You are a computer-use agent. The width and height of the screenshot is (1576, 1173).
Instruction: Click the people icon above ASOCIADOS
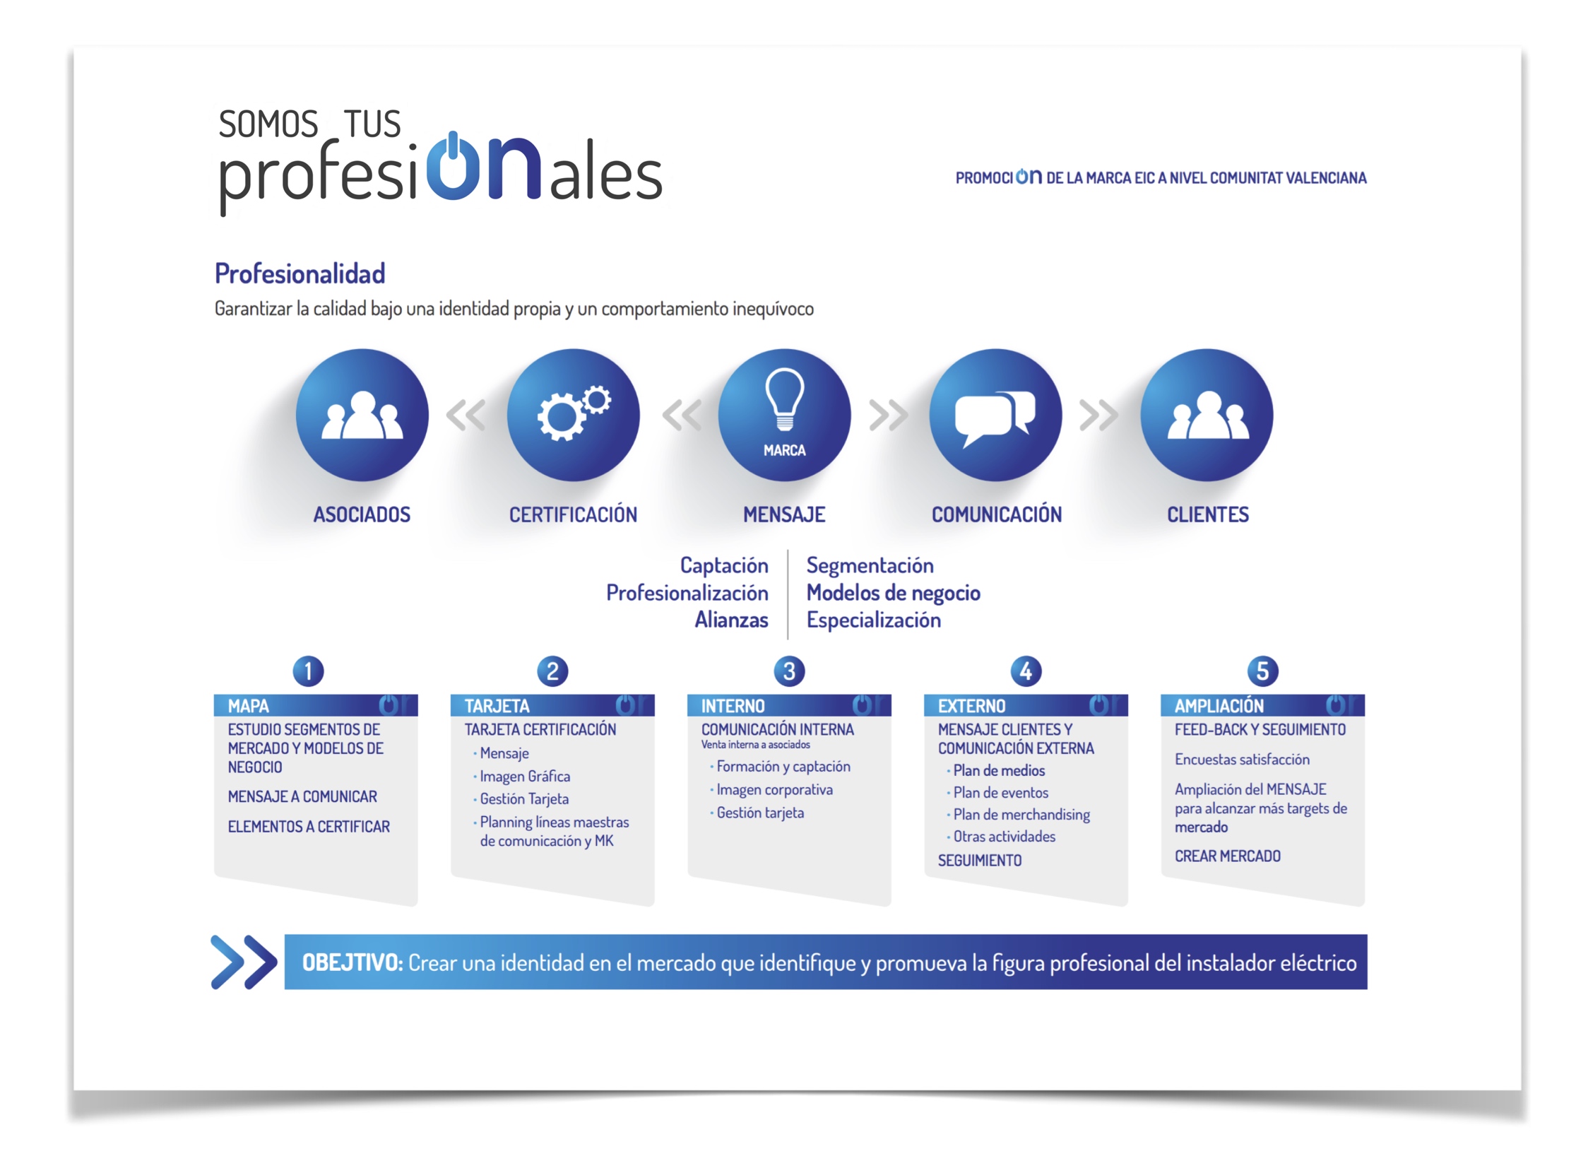362,415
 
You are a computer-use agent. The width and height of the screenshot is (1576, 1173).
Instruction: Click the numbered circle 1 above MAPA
308,671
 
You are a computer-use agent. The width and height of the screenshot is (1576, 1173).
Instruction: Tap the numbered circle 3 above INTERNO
789,671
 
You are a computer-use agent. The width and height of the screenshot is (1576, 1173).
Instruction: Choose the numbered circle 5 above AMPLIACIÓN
1262,671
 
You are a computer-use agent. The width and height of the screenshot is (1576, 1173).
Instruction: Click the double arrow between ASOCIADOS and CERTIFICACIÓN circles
466,415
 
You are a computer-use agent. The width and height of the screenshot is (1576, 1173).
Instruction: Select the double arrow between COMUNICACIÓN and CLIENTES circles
1098,415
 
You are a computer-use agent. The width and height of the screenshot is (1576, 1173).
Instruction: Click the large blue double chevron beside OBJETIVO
244,962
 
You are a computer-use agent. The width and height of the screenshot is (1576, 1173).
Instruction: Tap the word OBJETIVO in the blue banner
352,963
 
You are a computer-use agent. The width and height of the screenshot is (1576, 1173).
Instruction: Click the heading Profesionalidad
300,273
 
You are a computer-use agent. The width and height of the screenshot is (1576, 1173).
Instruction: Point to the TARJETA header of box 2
497,706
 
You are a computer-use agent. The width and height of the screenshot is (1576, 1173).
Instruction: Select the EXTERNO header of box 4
971,706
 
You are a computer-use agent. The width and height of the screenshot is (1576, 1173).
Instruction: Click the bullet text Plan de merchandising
1021,815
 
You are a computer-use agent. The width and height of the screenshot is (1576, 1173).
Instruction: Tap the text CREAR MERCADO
1228,856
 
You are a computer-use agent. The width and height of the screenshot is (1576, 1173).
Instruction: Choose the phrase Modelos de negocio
893,593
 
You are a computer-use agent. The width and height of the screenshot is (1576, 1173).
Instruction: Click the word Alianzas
731,620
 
